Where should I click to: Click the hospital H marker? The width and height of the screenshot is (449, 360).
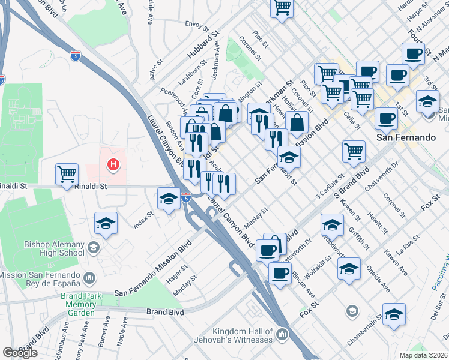pyautogui.click(x=112, y=164)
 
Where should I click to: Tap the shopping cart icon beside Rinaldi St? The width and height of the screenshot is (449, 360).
pyautogui.click(x=67, y=175)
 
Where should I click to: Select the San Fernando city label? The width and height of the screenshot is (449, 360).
pyautogui.click(x=405, y=137)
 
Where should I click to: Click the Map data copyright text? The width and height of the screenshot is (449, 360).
pyautogui.click(x=424, y=355)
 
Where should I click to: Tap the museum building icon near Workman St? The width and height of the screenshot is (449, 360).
pyautogui.click(x=259, y=113)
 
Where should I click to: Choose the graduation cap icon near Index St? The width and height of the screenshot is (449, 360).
pyautogui.click(x=106, y=223)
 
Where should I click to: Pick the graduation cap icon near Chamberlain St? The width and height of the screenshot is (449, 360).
pyautogui.click(x=394, y=314)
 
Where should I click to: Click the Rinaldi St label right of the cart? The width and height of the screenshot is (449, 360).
pyautogui.click(x=91, y=187)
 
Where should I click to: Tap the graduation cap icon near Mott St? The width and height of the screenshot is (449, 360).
pyautogui.click(x=289, y=157)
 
